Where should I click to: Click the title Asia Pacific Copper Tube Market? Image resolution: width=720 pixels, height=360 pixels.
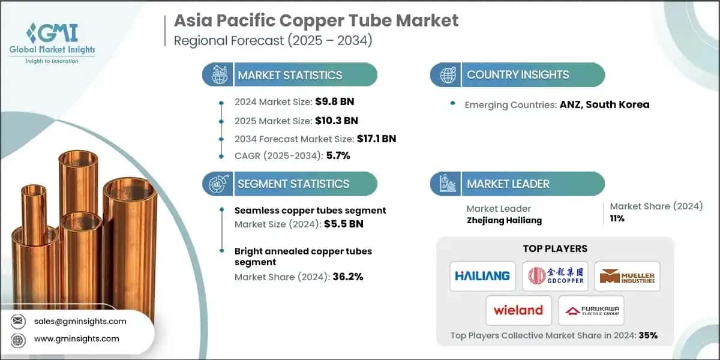[x=316, y=20]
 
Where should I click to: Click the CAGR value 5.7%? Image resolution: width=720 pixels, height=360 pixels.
[x=337, y=155]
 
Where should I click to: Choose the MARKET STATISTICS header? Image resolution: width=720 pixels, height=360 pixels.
[x=290, y=75]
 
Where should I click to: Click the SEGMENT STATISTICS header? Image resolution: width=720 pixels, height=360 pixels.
[x=293, y=184]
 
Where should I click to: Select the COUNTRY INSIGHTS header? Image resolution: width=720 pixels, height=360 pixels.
[x=518, y=75]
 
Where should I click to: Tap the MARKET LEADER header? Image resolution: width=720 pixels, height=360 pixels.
[x=508, y=184]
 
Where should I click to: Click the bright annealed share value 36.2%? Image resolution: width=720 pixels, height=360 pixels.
[x=347, y=277]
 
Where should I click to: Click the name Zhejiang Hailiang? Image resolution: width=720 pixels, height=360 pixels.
[x=503, y=220]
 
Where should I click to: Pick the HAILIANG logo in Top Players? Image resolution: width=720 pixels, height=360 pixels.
[x=482, y=275]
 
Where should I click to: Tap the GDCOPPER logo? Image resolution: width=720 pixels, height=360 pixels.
[x=555, y=275]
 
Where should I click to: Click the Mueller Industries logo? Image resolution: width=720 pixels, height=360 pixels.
[x=627, y=275]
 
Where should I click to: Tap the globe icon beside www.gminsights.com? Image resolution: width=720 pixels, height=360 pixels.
[x=18, y=339]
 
